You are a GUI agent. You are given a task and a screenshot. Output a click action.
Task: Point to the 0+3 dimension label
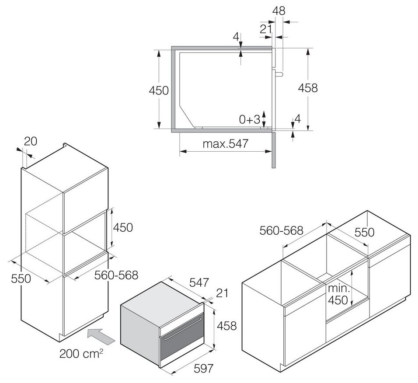250,118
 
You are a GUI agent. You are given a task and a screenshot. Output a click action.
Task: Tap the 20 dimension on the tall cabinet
31,141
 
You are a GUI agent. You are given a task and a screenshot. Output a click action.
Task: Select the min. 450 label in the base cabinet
338,294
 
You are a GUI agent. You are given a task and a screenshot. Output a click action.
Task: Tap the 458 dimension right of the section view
308,88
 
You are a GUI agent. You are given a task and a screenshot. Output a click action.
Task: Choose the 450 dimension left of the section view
159,91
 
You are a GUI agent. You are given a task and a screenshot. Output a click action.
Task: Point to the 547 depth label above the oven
199,282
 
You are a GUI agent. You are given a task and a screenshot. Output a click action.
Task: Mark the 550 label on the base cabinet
364,232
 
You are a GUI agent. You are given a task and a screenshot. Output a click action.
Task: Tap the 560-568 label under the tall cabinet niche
116,275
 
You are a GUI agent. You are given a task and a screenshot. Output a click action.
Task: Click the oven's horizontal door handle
182,338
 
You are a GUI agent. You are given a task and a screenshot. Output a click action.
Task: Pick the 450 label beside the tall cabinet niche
123,227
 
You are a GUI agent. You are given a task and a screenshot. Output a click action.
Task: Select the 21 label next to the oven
223,293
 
